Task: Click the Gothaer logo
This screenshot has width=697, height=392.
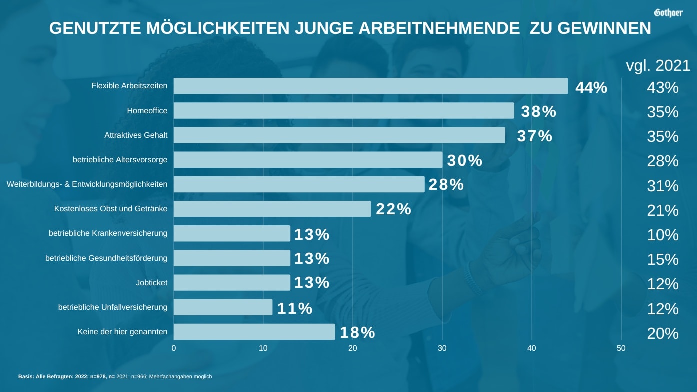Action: pyautogui.click(x=668, y=12)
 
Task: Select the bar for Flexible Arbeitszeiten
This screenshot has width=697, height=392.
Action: pyautogui.click(x=370, y=86)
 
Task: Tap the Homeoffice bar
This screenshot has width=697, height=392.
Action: pyautogui.click(x=344, y=111)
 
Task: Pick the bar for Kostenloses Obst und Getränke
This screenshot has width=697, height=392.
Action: pyautogui.click(x=272, y=209)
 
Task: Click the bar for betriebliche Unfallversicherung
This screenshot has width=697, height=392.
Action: pyautogui.click(x=223, y=307)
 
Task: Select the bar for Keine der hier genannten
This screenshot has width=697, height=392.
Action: pyautogui.click(x=254, y=332)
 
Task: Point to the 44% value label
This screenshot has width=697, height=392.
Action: pyautogui.click(x=591, y=87)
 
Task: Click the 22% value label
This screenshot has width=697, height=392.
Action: pyautogui.click(x=393, y=209)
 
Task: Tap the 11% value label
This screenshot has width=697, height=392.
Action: pyautogui.click(x=295, y=308)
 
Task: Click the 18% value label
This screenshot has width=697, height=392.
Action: pyautogui.click(x=357, y=332)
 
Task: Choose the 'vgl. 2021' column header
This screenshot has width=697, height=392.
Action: pyautogui.click(x=658, y=65)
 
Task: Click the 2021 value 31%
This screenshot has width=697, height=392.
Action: pyautogui.click(x=663, y=186)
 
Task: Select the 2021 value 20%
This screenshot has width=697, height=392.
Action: pyautogui.click(x=663, y=333)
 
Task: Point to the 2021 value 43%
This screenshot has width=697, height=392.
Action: pyautogui.click(x=663, y=88)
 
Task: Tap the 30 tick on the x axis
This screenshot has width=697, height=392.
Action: pyautogui.click(x=442, y=348)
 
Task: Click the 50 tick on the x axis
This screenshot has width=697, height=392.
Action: pyautogui.click(x=621, y=348)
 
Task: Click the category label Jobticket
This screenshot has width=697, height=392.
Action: pyautogui.click(x=151, y=283)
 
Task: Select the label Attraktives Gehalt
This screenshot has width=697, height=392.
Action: pyautogui.click(x=136, y=135)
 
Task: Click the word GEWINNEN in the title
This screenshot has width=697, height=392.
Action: pyautogui.click(x=604, y=28)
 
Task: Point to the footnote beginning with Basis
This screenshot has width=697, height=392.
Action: pyautogui.click(x=115, y=376)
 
